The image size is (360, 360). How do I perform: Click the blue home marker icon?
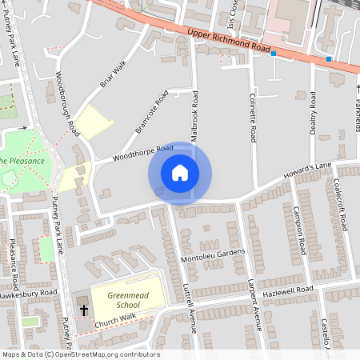pos(180,173)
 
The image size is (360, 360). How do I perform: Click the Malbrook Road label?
pos(194,117)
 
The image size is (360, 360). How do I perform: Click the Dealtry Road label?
pos(313,112)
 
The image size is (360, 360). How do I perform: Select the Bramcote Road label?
pos(152,111)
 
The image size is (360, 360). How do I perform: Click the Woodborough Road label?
pos(69,104)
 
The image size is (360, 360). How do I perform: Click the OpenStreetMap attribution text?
pos(81,354)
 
